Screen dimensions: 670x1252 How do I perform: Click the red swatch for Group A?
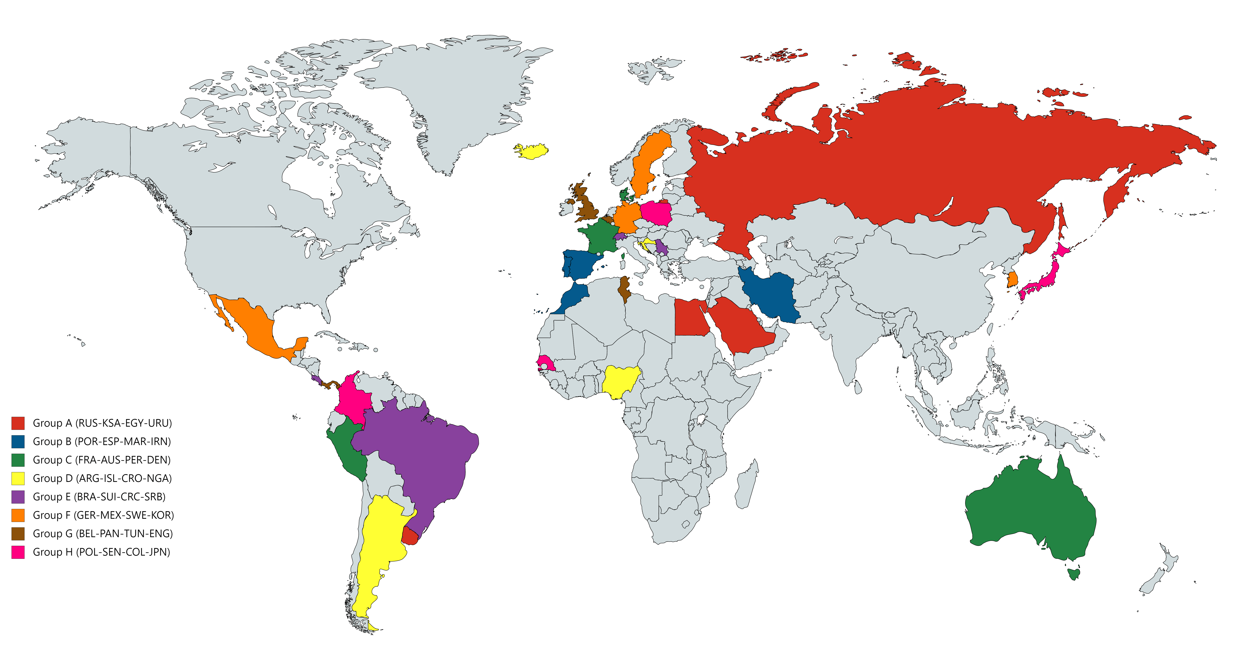(x=18, y=423)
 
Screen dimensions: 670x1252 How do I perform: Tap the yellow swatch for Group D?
(x=18, y=478)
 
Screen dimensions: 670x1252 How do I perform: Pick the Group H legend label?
(x=101, y=552)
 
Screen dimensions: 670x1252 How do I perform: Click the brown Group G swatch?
(x=18, y=533)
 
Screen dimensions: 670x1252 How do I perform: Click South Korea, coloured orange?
(x=1013, y=279)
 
